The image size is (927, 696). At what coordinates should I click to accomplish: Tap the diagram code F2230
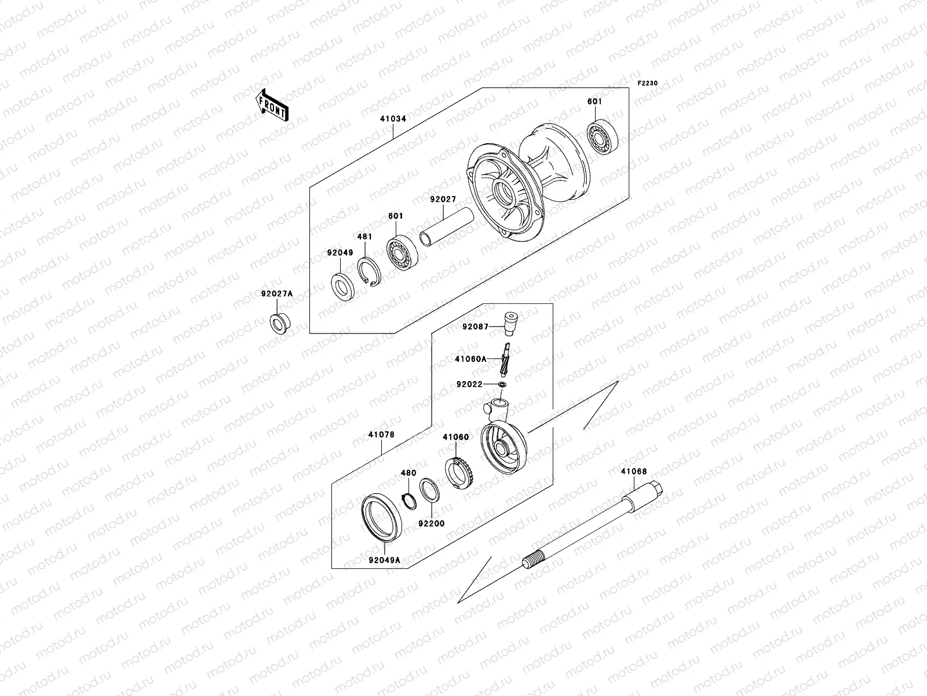point(648,84)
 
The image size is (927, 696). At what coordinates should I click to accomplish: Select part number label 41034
point(393,119)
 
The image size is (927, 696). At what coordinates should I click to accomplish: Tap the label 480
point(408,473)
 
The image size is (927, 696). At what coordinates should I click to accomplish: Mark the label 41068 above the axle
point(634,472)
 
